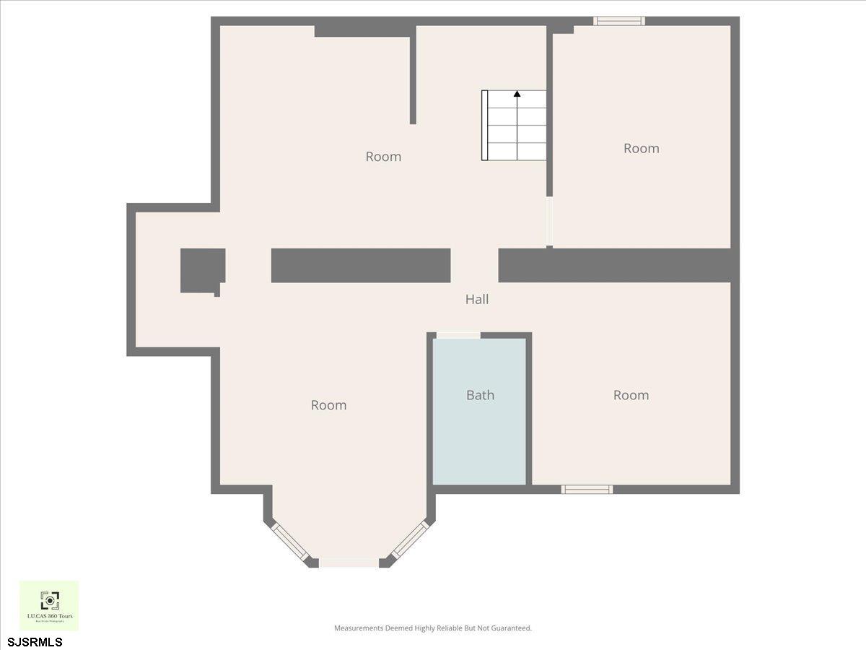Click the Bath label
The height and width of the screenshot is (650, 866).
480,395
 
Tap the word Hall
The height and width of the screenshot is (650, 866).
477,299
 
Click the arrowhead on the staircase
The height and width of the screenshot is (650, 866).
517,94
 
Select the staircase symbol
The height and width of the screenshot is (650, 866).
514,126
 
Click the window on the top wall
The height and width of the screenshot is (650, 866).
619,21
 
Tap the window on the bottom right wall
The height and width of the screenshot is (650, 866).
587,490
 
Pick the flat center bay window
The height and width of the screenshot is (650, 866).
349,563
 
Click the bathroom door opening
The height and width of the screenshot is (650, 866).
458,335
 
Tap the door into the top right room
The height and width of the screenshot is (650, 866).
549,222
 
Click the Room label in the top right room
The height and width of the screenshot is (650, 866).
642,148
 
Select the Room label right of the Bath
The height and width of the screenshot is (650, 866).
631,395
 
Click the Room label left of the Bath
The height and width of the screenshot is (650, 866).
328,405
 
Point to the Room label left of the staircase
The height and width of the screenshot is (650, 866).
383,157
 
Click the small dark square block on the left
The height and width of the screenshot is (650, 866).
203,270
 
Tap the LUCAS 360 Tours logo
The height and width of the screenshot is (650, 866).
49,605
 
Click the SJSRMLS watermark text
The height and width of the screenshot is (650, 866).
35,641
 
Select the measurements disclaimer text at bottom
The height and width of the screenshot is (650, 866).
433,628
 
